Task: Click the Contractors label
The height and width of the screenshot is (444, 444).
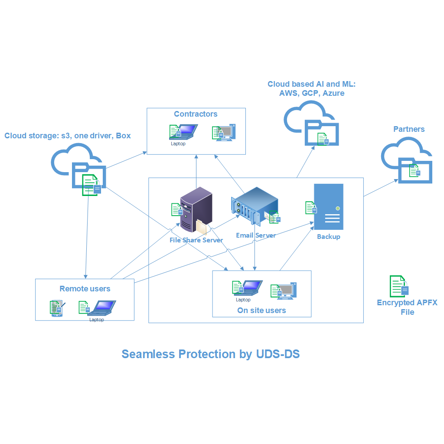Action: click(x=196, y=114)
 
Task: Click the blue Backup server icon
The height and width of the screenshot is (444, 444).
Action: click(x=329, y=207)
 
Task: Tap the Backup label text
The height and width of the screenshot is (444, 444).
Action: click(x=329, y=237)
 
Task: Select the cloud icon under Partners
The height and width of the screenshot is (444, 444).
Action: click(x=407, y=160)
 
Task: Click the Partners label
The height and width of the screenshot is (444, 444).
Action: click(x=409, y=129)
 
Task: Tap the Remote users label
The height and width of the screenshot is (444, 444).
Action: click(x=85, y=289)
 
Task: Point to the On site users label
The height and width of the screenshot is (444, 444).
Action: click(x=261, y=310)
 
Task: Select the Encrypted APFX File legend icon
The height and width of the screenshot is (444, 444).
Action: click(x=399, y=286)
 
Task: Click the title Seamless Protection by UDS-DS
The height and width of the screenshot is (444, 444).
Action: click(x=211, y=354)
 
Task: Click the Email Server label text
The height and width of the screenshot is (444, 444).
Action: click(x=256, y=235)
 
